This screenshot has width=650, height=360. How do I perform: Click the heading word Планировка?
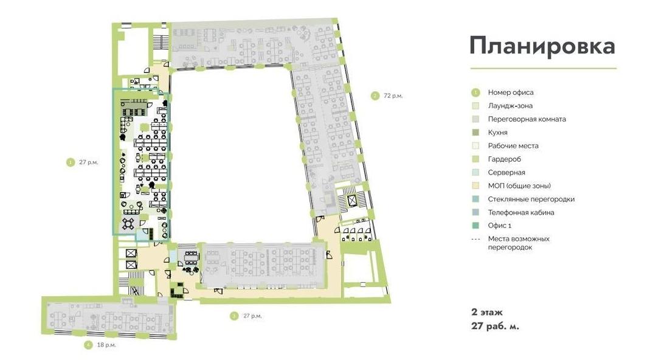tap(542, 46)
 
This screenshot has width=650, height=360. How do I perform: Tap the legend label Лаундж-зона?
tap(510, 106)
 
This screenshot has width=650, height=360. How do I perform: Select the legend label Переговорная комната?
tap(527, 119)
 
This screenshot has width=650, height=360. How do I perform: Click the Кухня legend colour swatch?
tap(475, 133)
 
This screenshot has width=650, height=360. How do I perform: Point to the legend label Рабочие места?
tap(513, 145)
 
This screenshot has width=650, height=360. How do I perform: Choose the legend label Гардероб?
tap(504, 159)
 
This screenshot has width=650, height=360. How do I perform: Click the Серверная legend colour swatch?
tap(475, 173)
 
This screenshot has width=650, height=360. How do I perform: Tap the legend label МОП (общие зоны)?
tap(519, 186)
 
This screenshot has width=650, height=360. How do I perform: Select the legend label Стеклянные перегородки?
tap(531, 199)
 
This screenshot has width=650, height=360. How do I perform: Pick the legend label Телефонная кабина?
tap(520, 212)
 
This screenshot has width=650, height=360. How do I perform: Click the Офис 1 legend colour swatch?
tap(475, 226)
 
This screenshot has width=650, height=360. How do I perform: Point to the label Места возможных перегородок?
tap(519, 243)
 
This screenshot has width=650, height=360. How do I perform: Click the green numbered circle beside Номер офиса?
tap(475, 92)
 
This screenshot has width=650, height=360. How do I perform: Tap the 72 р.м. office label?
tap(393, 96)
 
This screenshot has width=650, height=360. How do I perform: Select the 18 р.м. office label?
tap(106, 345)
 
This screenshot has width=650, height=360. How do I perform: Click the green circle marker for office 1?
tap(70, 162)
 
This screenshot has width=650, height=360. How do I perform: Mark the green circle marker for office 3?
tap(234, 316)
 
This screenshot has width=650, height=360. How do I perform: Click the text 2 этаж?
tap(486, 313)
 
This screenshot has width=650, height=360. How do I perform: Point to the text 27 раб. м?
tap(495, 326)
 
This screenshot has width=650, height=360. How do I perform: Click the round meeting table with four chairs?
tap(128, 223)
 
